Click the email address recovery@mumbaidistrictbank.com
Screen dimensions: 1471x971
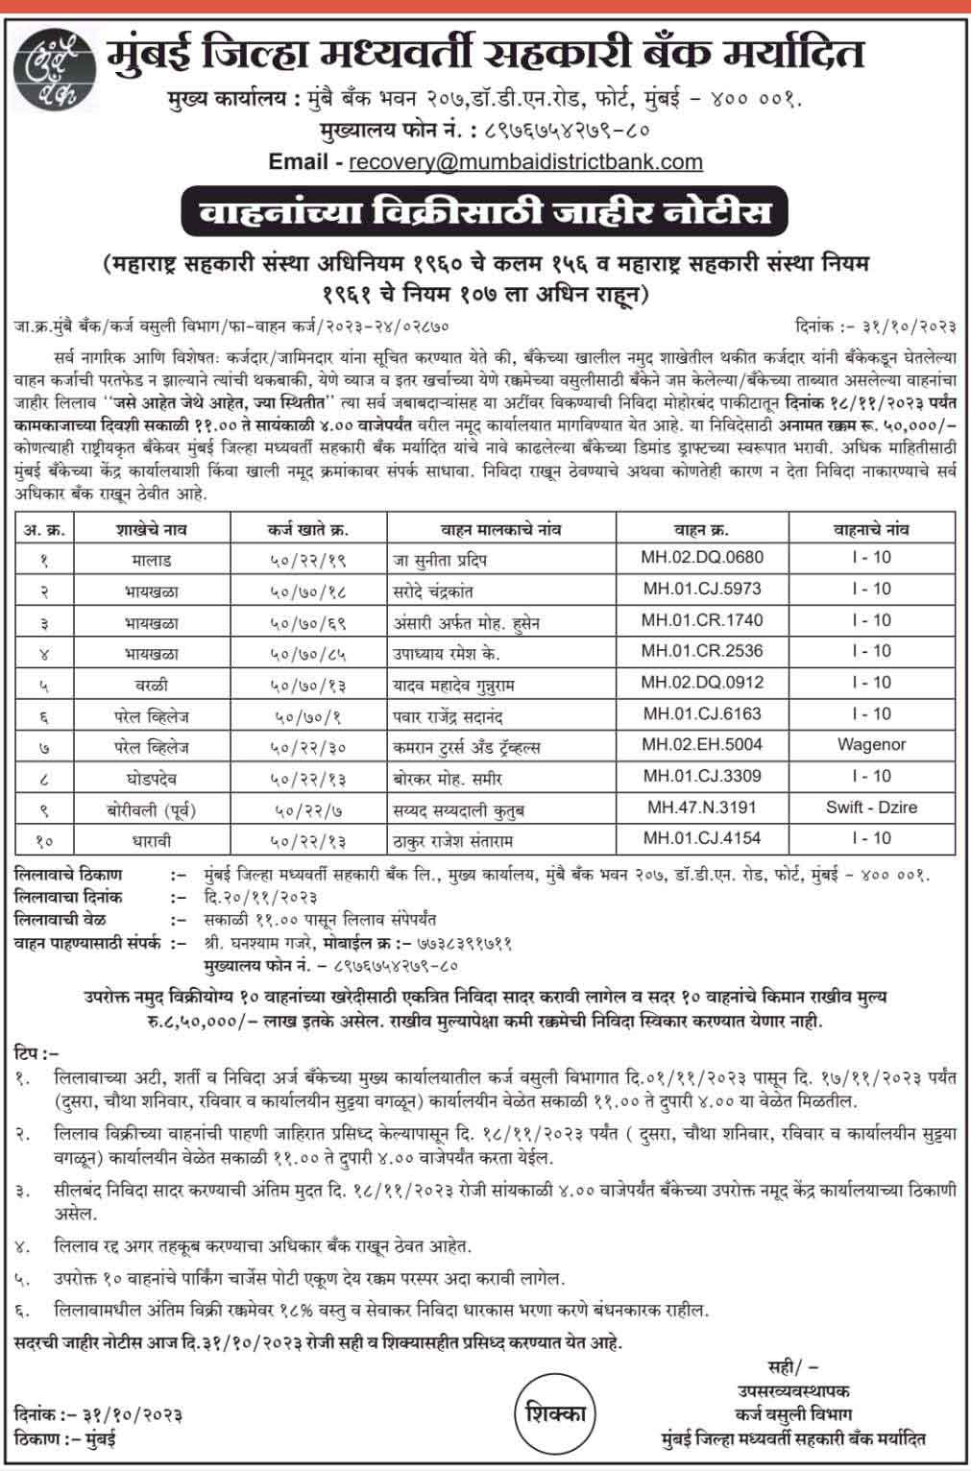(x=525, y=162)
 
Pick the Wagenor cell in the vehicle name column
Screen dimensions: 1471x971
(x=871, y=744)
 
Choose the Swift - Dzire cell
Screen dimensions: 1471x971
(x=871, y=807)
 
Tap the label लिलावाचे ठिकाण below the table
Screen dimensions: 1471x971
(x=69, y=875)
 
